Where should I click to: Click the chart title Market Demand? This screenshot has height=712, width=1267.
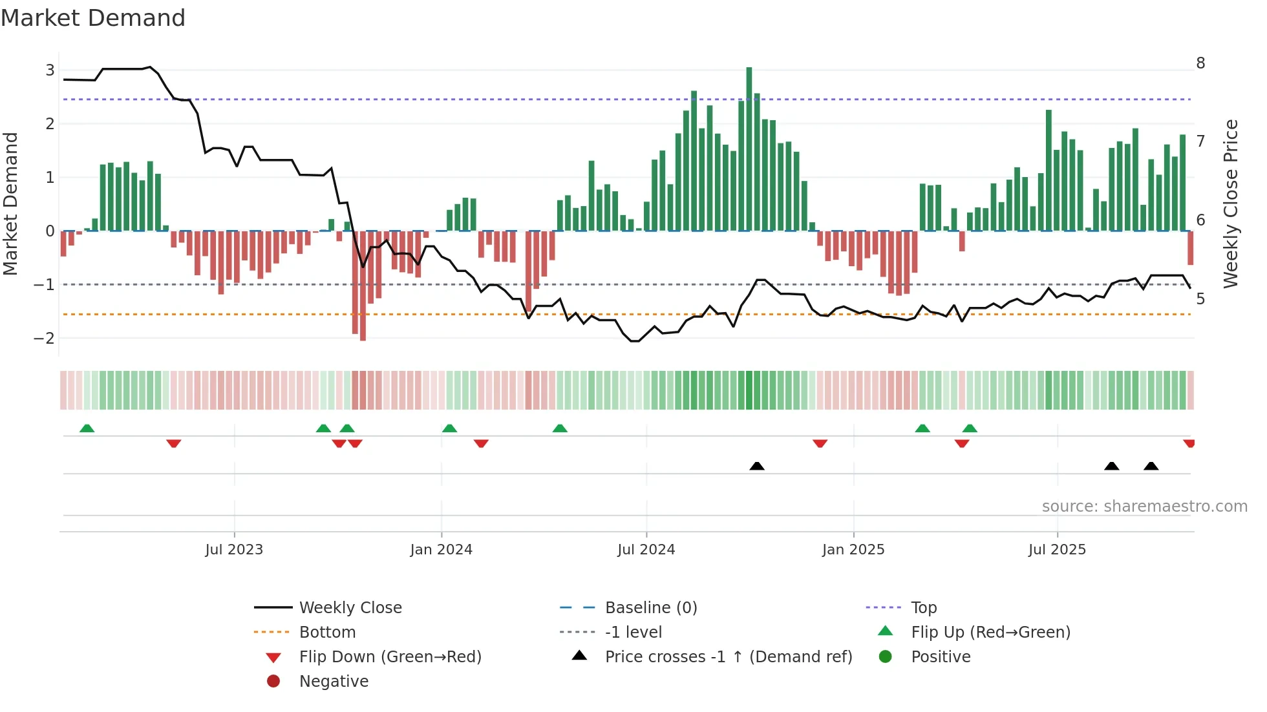(x=93, y=18)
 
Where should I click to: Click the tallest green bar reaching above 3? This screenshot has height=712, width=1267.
(x=749, y=149)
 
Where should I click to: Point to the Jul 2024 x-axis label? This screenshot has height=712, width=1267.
(x=646, y=550)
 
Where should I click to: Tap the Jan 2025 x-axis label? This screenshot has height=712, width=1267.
(x=853, y=550)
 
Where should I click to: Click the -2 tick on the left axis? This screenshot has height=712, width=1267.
(x=44, y=338)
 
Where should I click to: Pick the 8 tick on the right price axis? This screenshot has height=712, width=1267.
(x=1200, y=63)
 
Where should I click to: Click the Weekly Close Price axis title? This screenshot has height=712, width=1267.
(x=1231, y=204)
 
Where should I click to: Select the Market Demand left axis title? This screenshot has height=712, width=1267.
(x=11, y=204)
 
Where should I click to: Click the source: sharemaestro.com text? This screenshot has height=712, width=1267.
(x=1144, y=507)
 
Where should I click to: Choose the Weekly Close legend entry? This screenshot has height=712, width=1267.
(x=350, y=608)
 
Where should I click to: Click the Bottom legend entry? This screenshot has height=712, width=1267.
(x=327, y=633)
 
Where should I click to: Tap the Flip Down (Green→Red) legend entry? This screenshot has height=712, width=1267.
(x=390, y=657)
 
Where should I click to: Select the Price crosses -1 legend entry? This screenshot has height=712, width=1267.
(x=728, y=657)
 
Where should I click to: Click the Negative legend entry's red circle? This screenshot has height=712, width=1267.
(x=273, y=682)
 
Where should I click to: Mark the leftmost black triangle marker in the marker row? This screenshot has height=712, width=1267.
(x=757, y=466)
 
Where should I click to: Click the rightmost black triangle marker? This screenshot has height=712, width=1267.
(x=1151, y=466)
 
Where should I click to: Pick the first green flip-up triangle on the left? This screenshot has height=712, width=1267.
(x=87, y=428)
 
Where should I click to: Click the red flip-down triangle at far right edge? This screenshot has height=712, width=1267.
(x=1189, y=443)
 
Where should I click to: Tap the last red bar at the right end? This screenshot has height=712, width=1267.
(x=1191, y=248)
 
